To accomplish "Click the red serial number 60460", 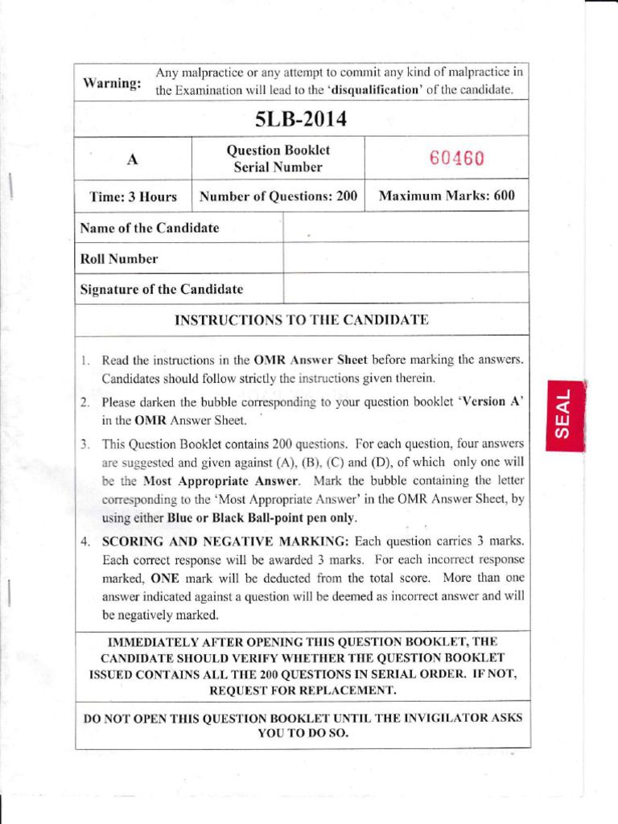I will pos(456,159).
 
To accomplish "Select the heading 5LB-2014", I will pos(301,119).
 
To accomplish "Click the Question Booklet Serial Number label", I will pos(278,159).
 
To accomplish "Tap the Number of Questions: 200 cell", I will pos(278,196).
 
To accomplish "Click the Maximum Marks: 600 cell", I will pos(447,196).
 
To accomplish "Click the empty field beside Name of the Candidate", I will pos(406,228).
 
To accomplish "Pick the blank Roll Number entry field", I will pos(406,258).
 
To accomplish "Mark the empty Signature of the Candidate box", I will pos(406,288).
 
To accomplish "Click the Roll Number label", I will pos(119,259).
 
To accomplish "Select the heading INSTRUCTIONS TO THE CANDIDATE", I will pos(301,319).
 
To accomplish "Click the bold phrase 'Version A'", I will pos(491,402).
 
